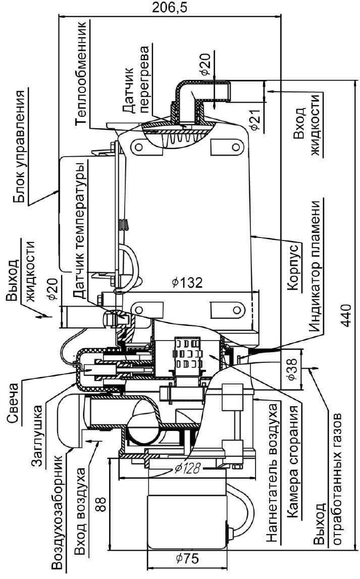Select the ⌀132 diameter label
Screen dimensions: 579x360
click(x=187, y=283)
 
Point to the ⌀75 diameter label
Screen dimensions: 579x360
click(x=187, y=559)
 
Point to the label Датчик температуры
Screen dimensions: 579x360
click(x=79, y=232)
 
